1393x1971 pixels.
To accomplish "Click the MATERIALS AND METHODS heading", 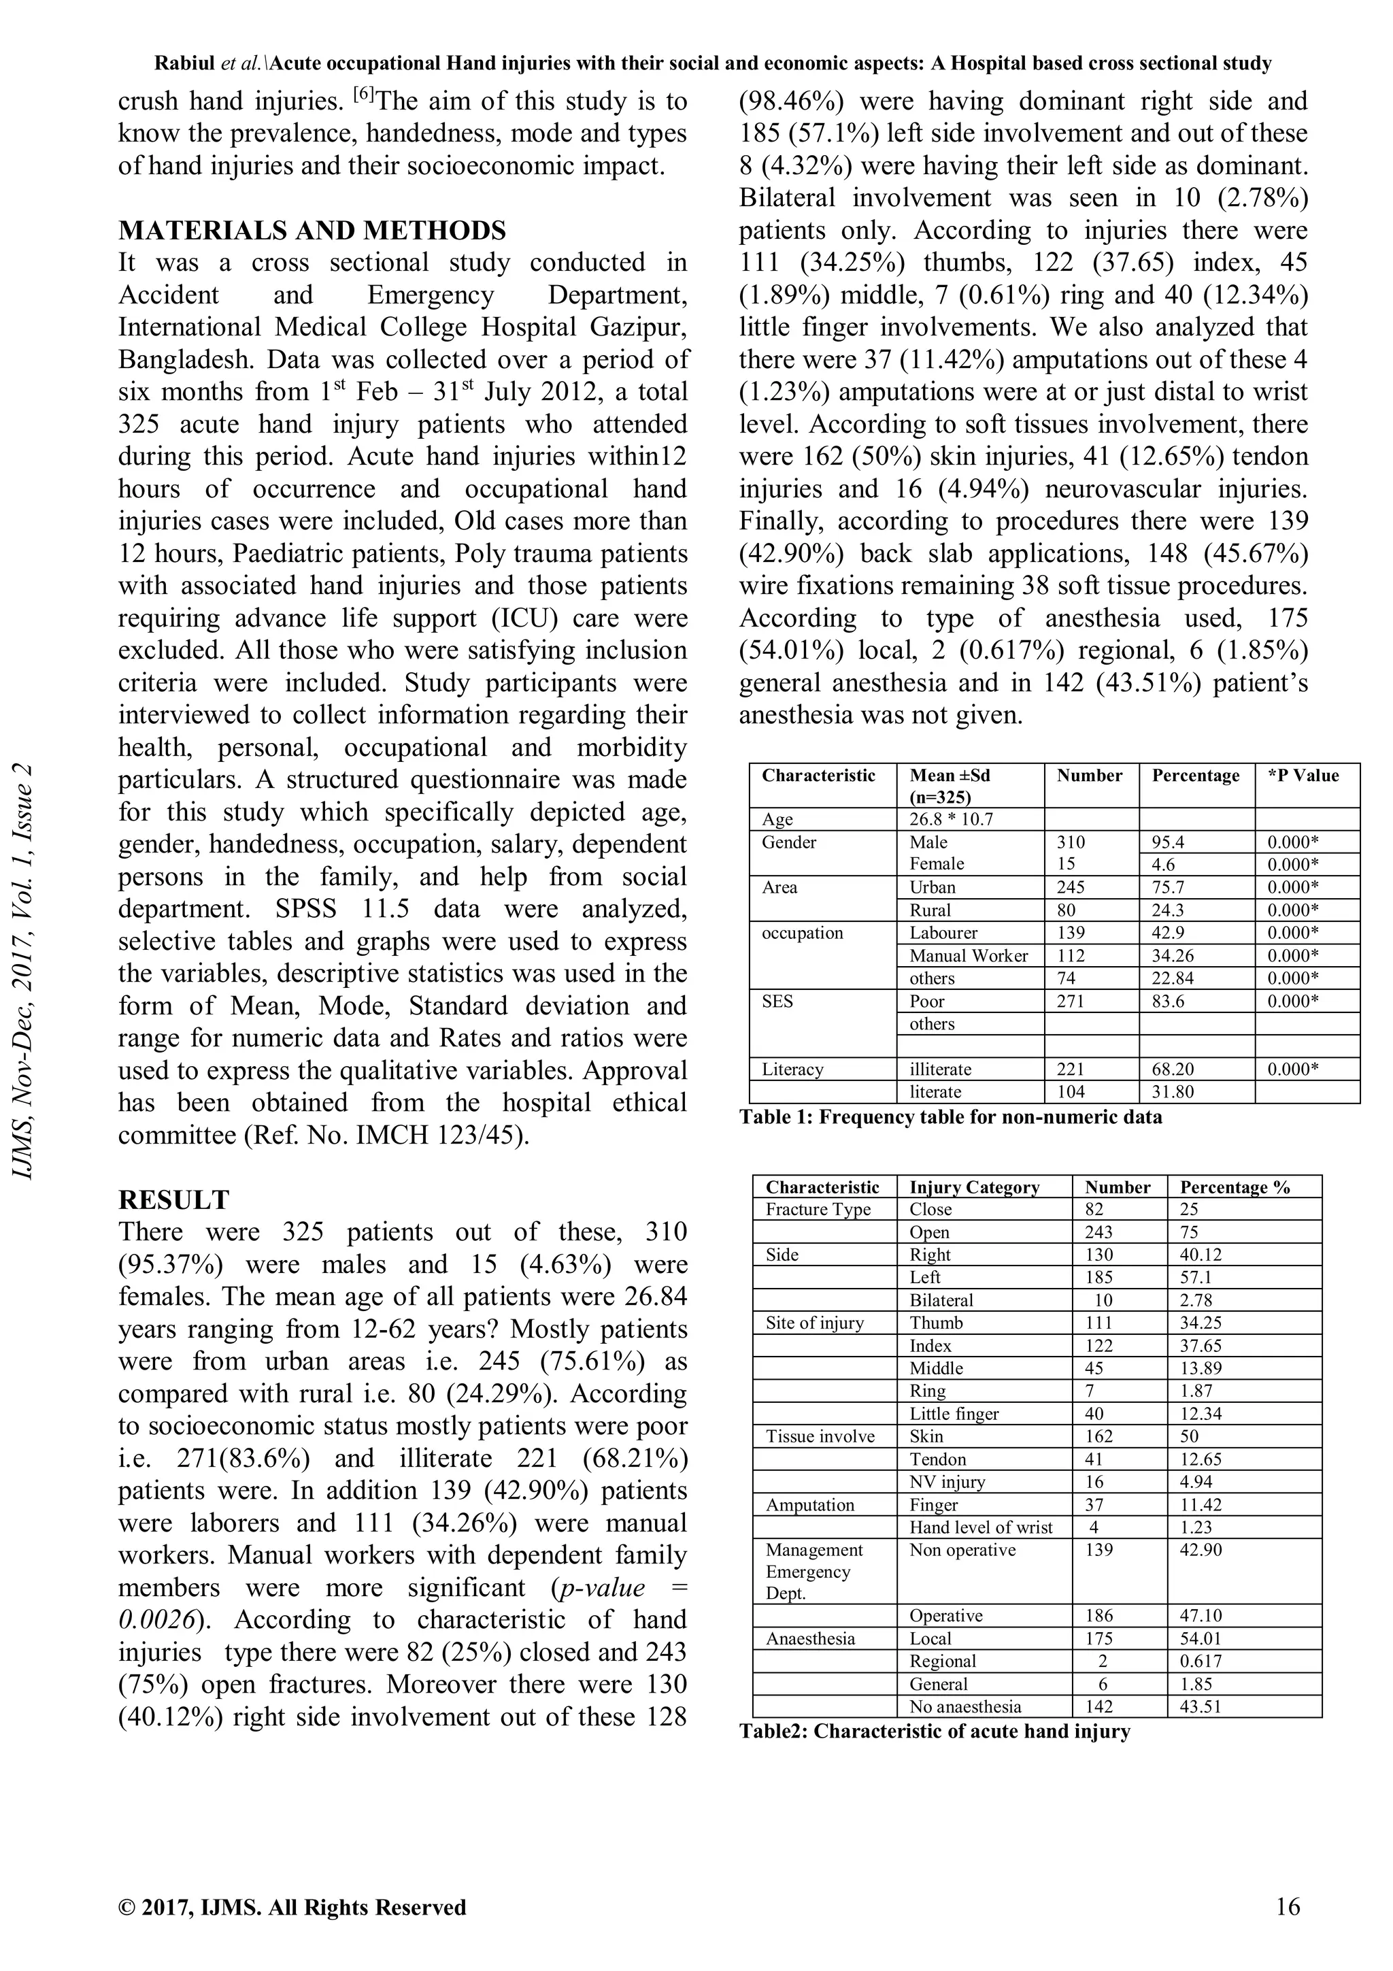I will click(x=312, y=230).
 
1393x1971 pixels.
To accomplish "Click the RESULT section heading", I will click(x=173, y=1199).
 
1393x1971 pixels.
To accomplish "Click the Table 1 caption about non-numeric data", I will click(x=950, y=1117).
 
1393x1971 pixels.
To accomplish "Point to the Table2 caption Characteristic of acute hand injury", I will click(x=935, y=1731).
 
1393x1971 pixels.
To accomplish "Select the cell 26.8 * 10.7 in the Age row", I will click(x=951, y=819).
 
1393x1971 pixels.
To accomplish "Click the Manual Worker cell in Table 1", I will click(x=968, y=955).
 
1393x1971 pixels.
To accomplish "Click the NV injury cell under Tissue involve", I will click(x=947, y=1482).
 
